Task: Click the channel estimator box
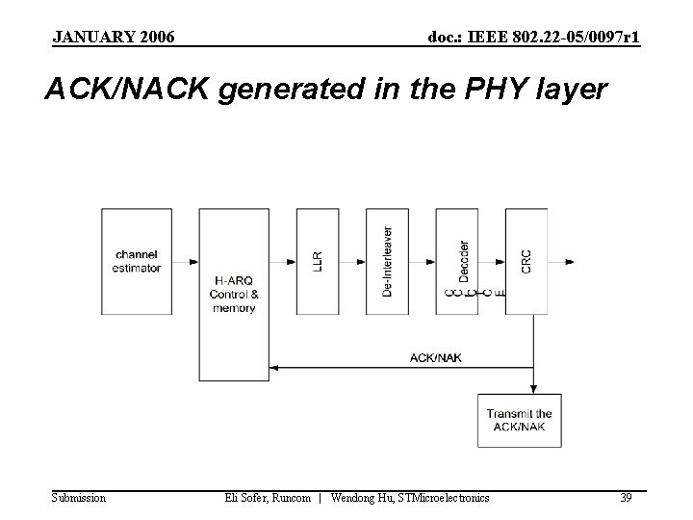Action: click(x=136, y=261)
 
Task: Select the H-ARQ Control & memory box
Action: click(x=234, y=294)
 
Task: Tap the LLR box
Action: click(x=317, y=261)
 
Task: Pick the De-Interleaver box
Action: click(x=387, y=261)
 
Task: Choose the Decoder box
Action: click(x=457, y=261)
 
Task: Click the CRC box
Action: click(x=526, y=261)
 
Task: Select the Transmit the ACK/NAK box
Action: click(x=520, y=420)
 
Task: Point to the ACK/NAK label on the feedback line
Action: click(x=436, y=358)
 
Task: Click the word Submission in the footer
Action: click(x=79, y=498)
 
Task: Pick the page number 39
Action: click(x=626, y=498)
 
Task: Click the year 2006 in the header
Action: click(x=156, y=38)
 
